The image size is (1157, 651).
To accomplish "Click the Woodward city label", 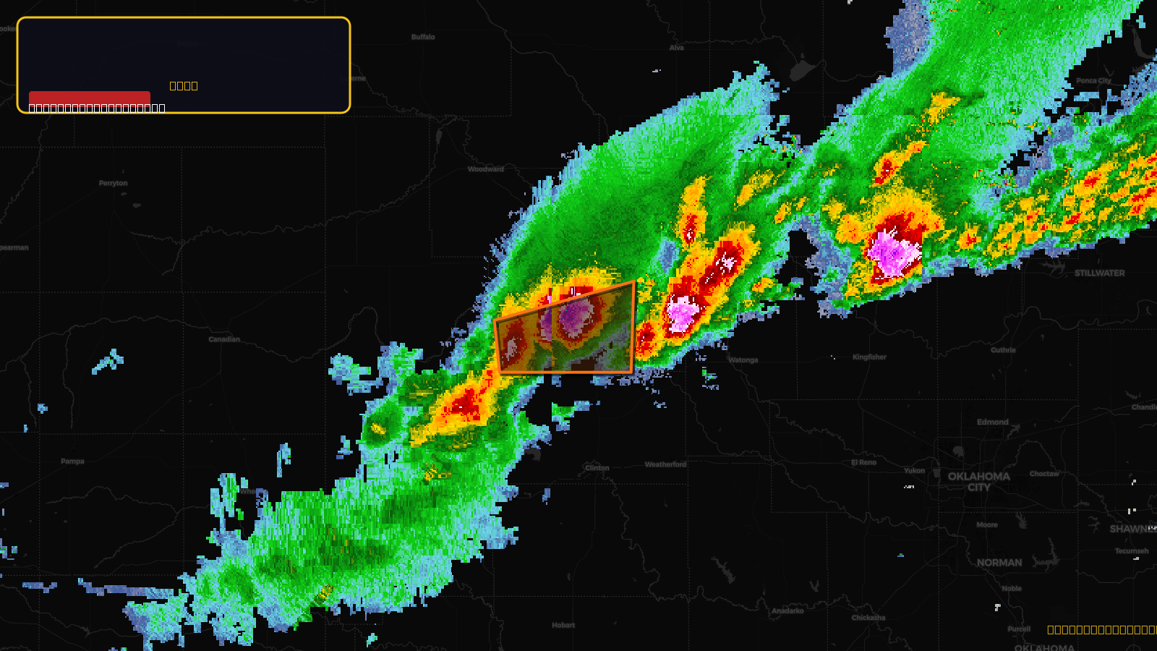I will pyautogui.click(x=485, y=169).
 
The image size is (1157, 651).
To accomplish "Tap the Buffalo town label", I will pyautogui.click(x=423, y=37).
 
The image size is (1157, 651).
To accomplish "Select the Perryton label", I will pyautogui.click(x=113, y=183).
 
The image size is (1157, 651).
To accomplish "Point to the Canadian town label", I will pyautogui.click(x=224, y=339).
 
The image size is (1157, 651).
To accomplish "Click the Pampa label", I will pyautogui.click(x=72, y=461).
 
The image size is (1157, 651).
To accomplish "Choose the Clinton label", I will pyautogui.click(x=597, y=468).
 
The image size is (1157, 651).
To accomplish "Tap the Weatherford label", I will pyautogui.click(x=665, y=464).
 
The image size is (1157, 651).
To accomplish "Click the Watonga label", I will pyautogui.click(x=743, y=360).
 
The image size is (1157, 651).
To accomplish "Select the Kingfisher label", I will pyautogui.click(x=869, y=357).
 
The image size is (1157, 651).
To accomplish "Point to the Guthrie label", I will pyautogui.click(x=1003, y=350).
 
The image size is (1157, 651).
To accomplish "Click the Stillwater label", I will pyautogui.click(x=1099, y=273).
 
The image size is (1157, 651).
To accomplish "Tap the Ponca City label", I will pyautogui.click(x=1093, y=81).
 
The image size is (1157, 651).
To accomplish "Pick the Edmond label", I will pyautogui.click(x=992, y=422).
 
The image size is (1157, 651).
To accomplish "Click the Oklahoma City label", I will pyautogui.click(x=978, y=482).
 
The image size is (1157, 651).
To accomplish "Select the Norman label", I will pyautogui.click(x=999, y=563).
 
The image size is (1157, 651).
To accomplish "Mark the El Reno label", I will pyautogui.click(x=863, y=462).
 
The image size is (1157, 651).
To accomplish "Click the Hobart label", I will pyautogui.click(x=563, y=625).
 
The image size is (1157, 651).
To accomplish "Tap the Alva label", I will pyautogui.click(x=676, y=48).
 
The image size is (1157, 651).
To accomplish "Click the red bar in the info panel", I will pyautogui.click(x=90, y=98).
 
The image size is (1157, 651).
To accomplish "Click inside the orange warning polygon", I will pyautogui.click(x=578, y=340).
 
